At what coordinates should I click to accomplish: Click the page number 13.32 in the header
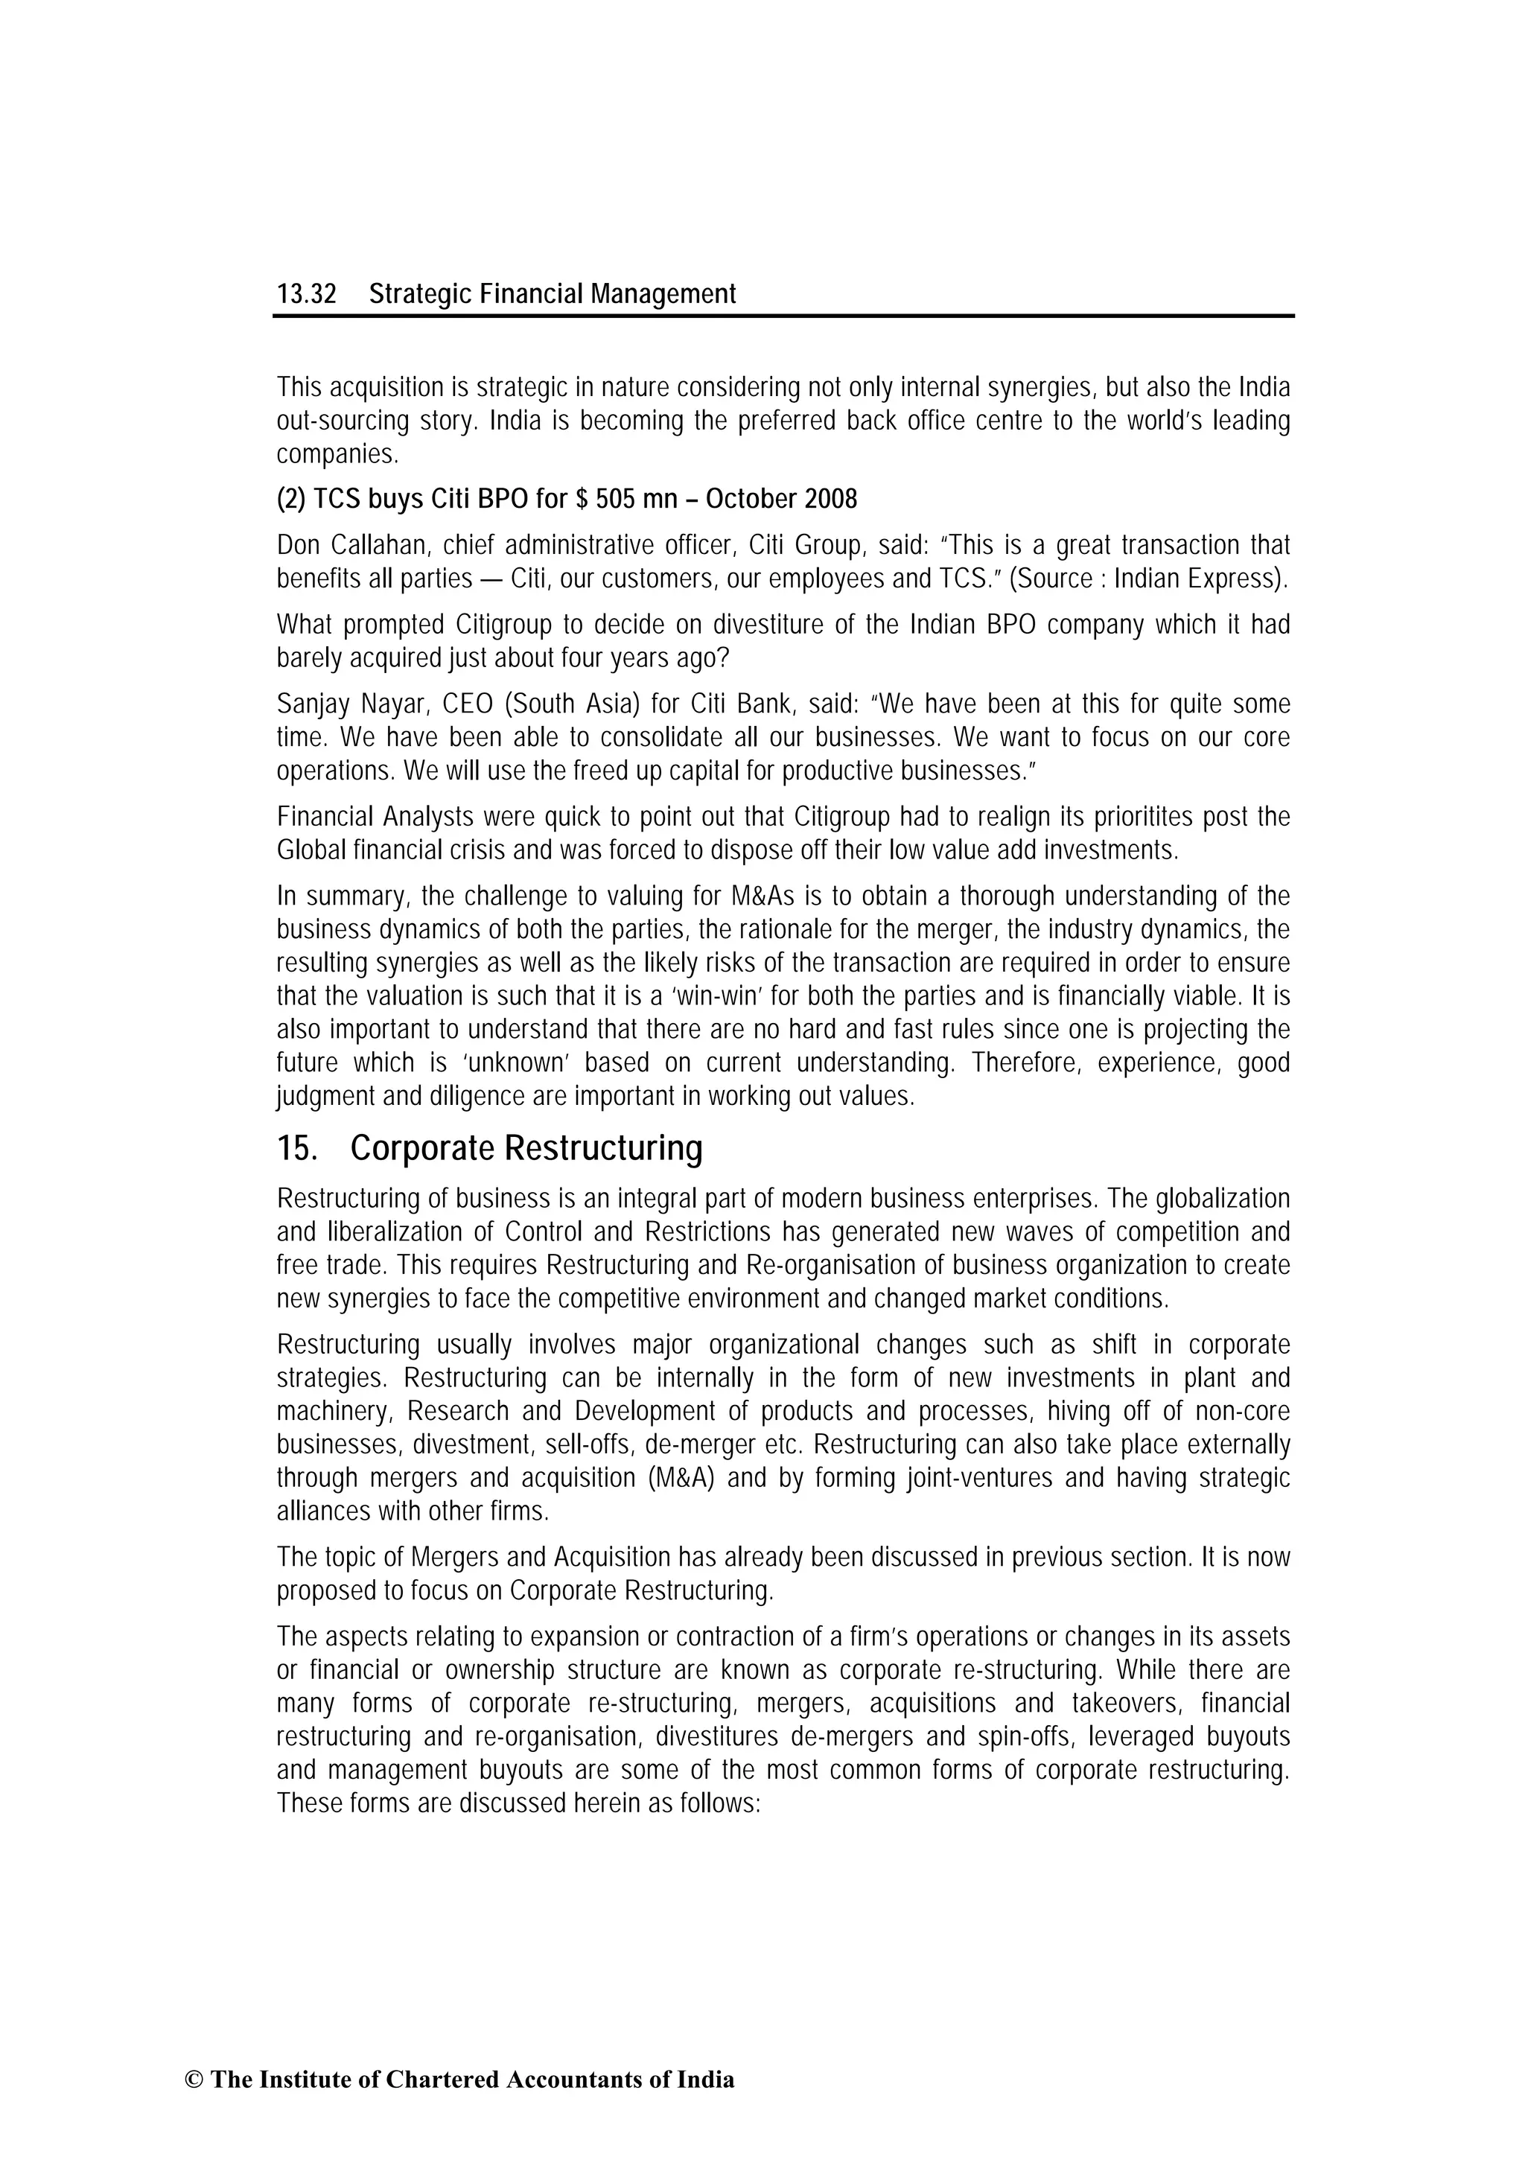pyautogui.click(x=305, y=295)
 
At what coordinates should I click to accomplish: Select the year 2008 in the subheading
pyautogui.click(x=832, y=499)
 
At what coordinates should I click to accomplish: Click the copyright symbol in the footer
pyautogui.click(x=193, y=2080)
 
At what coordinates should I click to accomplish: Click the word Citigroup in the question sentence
pyautogui.click(x=509, y=625)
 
